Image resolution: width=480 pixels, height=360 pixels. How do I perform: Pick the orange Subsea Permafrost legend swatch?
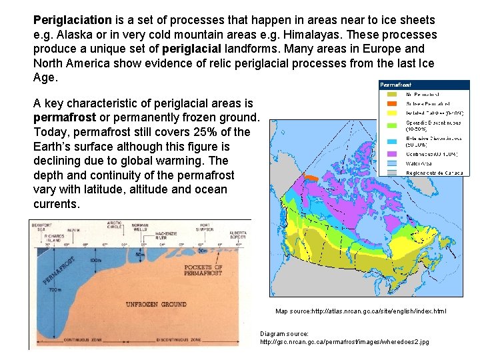click(x=391, y=104)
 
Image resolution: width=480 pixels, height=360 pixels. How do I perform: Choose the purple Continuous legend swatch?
click(x=391, y=154)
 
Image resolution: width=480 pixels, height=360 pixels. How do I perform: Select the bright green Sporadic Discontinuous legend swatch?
click(x=391, y=125)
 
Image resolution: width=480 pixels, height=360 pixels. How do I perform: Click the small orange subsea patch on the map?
click(x=311, y=178)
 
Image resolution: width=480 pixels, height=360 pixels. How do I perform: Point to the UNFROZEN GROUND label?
click(x=157, y=304)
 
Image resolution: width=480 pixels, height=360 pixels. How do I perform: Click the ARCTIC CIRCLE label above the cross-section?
click(x=114, y=225)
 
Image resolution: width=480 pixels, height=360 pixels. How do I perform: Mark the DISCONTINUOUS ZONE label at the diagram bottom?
click(x=179, y=340)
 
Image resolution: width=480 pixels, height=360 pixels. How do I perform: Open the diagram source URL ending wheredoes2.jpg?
click(x=344, y=342)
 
